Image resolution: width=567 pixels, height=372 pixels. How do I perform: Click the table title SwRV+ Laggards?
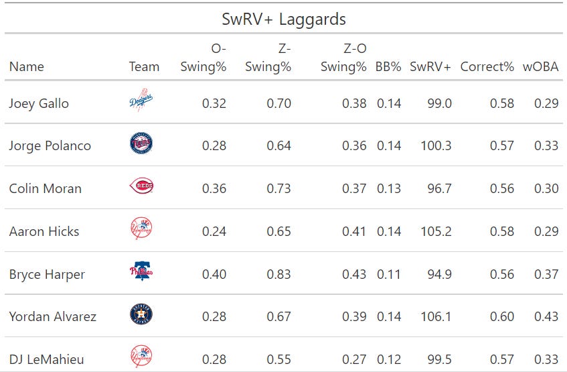point(284,19)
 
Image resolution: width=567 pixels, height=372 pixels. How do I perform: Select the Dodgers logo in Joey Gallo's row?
point(141,103)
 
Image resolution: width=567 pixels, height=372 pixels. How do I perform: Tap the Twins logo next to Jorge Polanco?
point(141,145)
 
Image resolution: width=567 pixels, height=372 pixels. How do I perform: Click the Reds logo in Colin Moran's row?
point(141,188)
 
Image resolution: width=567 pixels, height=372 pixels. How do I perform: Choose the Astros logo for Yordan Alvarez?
point(141,315)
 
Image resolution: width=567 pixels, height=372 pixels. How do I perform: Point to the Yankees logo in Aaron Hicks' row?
point(141,229)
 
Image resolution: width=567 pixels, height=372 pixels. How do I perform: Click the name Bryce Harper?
point(48,274)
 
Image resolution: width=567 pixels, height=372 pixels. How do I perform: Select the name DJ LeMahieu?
point(46,359)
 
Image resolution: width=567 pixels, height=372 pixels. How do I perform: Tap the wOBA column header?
point(540,66)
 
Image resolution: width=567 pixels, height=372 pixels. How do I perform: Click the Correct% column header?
point(487,66)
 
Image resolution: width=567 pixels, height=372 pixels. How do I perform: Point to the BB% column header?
point(388,66)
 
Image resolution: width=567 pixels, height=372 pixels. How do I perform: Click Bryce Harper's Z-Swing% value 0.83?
point(278,274)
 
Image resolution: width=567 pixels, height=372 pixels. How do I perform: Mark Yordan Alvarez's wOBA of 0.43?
point(546,316)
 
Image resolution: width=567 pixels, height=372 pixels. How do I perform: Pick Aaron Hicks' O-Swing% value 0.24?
point(214,231)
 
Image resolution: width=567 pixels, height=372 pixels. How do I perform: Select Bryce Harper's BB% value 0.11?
point(388,274)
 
